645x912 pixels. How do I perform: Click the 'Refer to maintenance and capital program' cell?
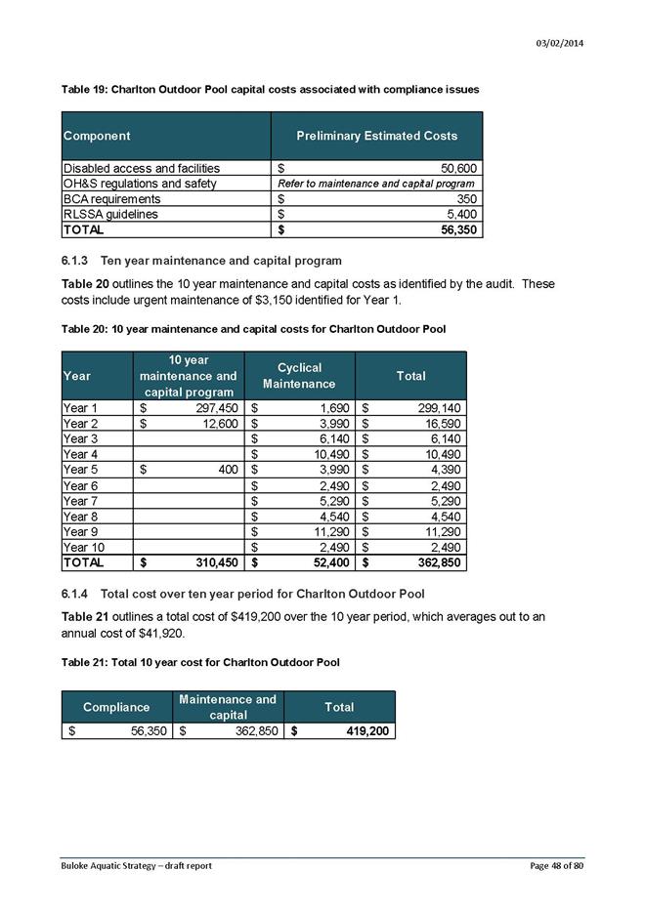coord(376,184)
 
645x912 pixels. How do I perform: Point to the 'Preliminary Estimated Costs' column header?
coord(376,136)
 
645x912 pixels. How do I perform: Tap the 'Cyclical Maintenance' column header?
coord(299,376)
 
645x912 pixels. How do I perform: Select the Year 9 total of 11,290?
coord(437,532)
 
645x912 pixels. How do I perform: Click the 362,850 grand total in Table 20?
coord(432,563)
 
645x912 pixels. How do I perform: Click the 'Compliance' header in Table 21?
coord(116,706)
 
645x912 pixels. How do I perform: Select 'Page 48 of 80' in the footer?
coord(558,866)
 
